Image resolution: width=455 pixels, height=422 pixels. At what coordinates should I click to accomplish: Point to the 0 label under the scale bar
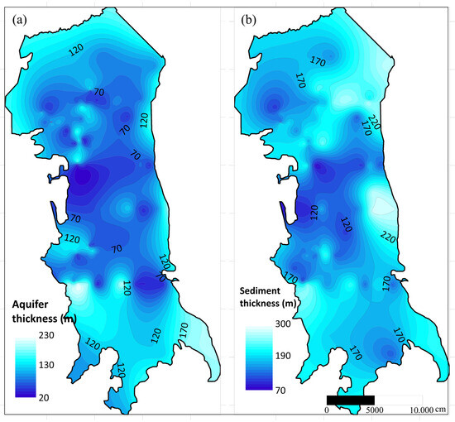(x=328, y=411)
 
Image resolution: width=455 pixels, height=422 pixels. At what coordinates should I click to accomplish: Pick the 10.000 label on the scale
(x=423, y=411)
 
